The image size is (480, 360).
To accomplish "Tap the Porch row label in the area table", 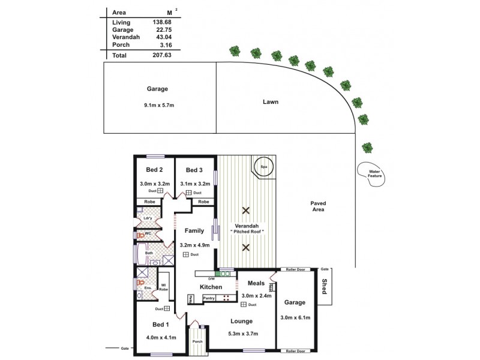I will [x=121, y=44].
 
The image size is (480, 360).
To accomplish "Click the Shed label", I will [x=325, y=286].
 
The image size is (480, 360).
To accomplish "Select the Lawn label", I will [x=271, y=102].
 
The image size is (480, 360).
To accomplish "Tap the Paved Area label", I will [x=317, y=206].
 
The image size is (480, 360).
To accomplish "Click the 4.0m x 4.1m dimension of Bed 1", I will [x=161, y=337].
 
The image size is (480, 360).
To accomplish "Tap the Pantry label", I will [x=209, y=298].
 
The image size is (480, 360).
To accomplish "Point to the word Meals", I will [x=256, y=283].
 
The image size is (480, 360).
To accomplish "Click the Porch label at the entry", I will [x=197, y=341].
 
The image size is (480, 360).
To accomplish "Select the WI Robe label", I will [x=162, y=287].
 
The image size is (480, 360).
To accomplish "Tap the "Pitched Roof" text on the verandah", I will [x=247, y=232].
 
